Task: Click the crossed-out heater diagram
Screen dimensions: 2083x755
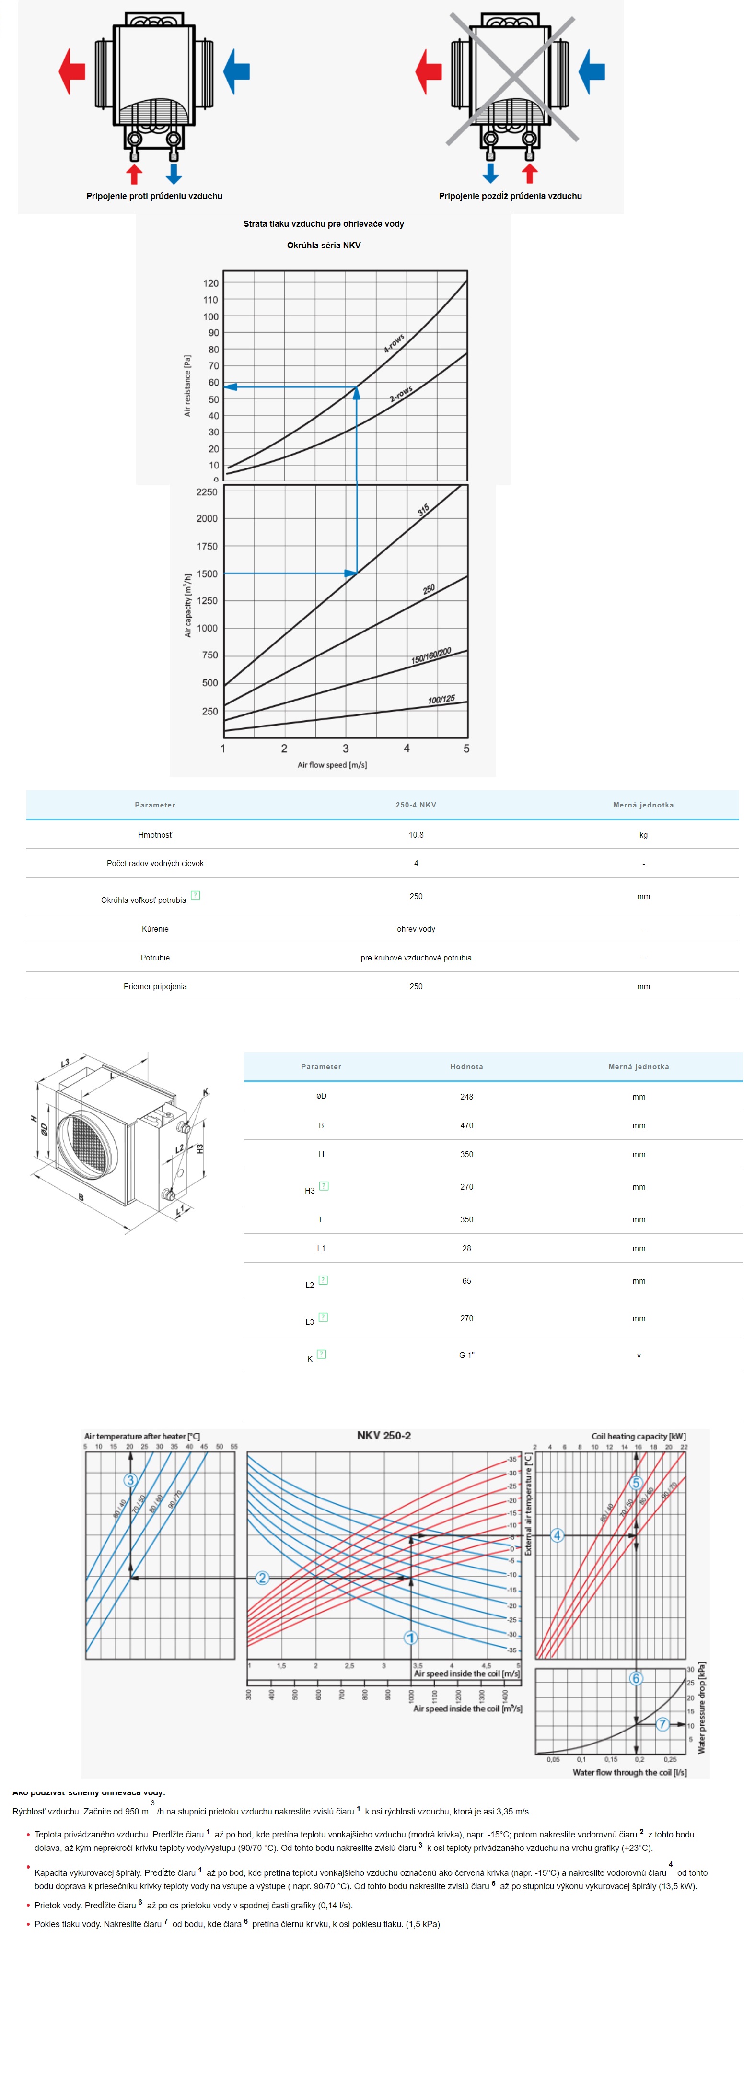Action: (x=511, y=81)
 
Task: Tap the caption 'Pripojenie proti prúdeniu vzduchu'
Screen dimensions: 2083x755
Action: (x=154, y=196)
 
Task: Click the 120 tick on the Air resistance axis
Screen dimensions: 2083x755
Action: (x=211, y=283)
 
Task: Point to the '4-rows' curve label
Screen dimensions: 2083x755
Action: (x=394, y=344)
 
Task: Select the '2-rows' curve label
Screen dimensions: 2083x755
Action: (x=401, y=394)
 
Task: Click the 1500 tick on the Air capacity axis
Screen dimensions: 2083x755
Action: (x=207, y=573)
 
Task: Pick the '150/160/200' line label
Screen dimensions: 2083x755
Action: (x=431, y=656)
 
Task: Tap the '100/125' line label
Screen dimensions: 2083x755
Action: (x=441, y=700)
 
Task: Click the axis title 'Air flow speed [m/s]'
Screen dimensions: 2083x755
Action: (x=332, y=765)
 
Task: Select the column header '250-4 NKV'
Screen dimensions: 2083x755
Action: (x=416, y=805)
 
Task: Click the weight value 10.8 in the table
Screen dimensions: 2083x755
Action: (x=416, y=834)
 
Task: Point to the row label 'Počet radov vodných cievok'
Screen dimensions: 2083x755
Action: (x=155, y=864)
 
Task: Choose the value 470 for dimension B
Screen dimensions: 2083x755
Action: (x=466, y=1125)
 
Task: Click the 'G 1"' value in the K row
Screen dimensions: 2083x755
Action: (x=466, y=1355)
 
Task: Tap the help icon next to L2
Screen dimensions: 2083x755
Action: (x=324, y=1280)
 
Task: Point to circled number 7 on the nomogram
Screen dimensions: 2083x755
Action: (x=662, y=1724)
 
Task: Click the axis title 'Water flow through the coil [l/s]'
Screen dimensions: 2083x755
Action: (x=630, y=1772)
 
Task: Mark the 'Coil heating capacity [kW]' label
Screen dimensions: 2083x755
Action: (x=639, y=1437)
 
